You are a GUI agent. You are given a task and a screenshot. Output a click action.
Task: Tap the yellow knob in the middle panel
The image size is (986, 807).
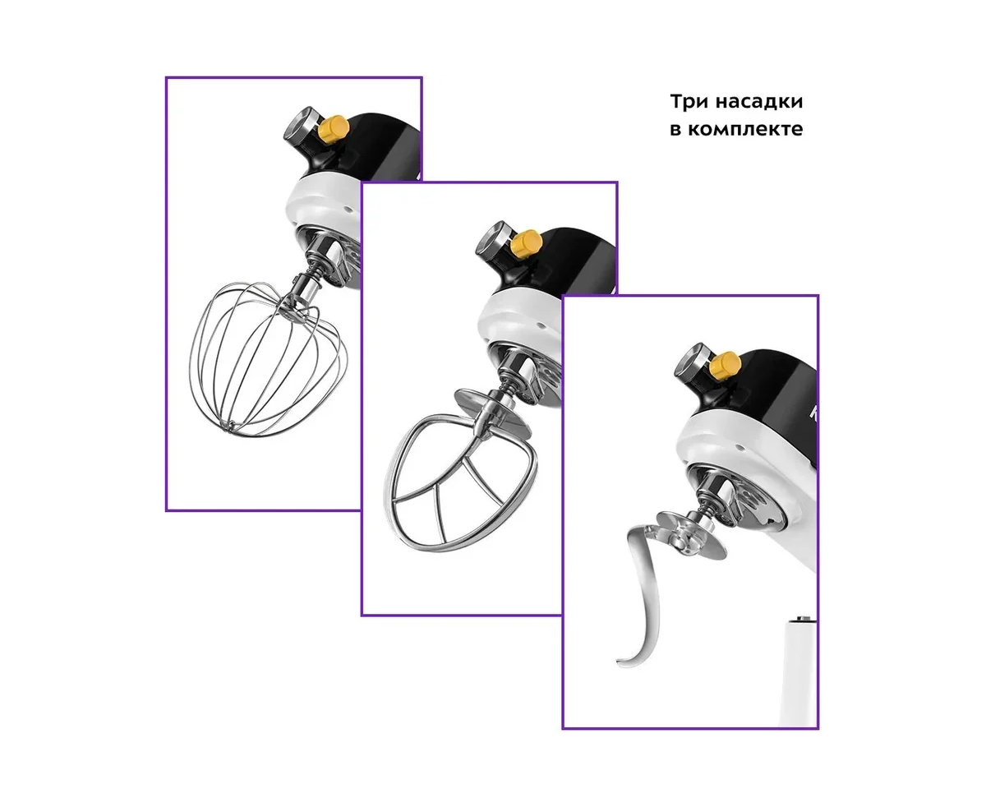(x=527, y=243)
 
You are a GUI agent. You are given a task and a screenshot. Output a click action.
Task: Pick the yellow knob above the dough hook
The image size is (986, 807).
(x=726, y=365)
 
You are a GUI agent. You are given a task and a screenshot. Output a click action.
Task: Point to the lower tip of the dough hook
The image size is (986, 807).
(x=620, y=662)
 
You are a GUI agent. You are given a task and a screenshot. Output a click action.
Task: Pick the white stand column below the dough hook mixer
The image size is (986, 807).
(x=802, y=672)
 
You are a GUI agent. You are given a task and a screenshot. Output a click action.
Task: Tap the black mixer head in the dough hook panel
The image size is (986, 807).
(x=762, y=388)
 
